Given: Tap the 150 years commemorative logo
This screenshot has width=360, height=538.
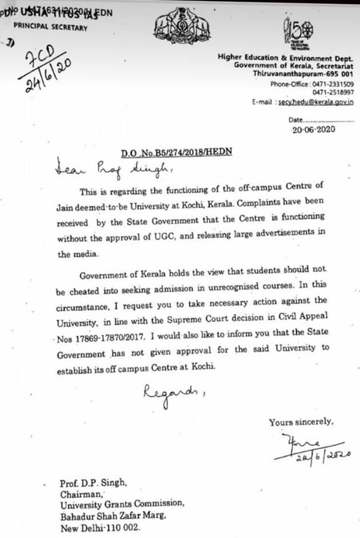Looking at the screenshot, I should click(x=297, y=33).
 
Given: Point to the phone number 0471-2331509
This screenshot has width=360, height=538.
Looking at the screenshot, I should click(x=332, y=84).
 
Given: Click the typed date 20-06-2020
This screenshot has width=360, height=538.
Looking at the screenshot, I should click(x=313, y=129).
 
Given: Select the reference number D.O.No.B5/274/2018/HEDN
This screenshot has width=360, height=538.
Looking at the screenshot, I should click(x=176, y=152).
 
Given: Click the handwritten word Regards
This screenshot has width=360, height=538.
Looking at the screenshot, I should click(x=170, y=393).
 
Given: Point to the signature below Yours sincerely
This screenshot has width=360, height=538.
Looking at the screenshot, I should click(x=311, y=447).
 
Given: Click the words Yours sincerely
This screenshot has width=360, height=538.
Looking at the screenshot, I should click(x=301, y=422).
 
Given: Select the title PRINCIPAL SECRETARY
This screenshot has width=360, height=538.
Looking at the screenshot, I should click(x=50, y=27).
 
